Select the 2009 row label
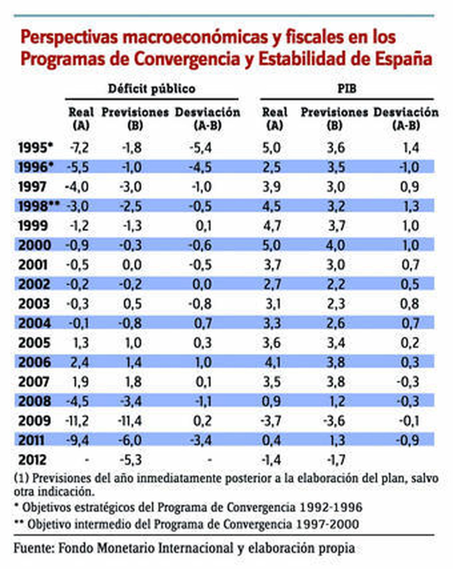[34, 421]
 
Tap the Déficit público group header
[151, 89]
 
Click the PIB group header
[347, 89]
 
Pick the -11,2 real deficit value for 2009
[77, 421]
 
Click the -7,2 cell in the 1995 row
[79, 148]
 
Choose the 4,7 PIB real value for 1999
[272, 226]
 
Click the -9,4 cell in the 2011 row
[78, 440]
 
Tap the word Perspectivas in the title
[69, 38]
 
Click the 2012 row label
[32, 460]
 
